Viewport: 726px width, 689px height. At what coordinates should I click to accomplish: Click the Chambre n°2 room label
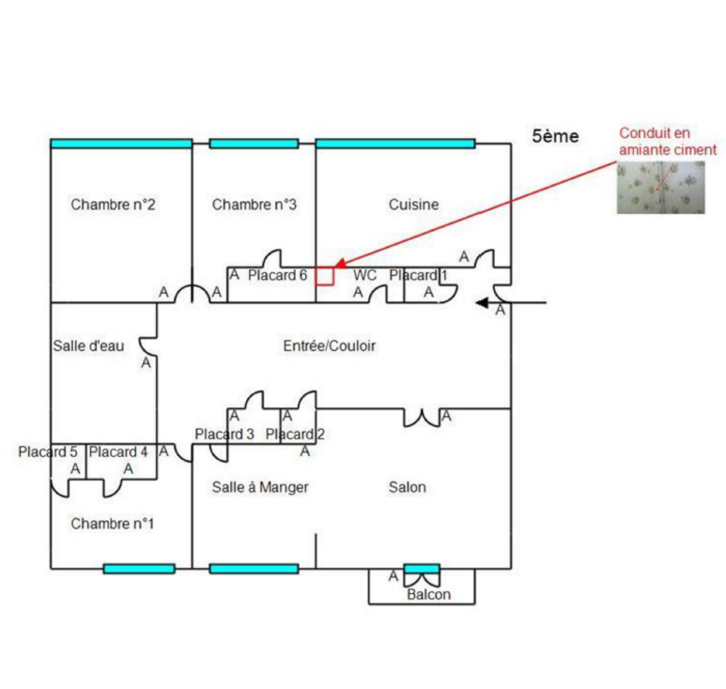pyautogui.click(x=113, y=205)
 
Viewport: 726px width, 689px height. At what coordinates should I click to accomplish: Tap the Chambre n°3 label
pyautogui.click(x=255, y=205)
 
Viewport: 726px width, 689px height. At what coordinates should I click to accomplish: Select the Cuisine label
pyautogui.click(x=413, y=205)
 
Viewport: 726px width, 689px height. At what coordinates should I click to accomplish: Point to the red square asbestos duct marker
pyautogui.click(x=324, y=276)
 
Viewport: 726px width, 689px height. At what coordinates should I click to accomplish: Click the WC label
pyautogui.click(x=364, y=276)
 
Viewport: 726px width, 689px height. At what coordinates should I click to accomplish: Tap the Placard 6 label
pyautogui.click(x=277, y=275)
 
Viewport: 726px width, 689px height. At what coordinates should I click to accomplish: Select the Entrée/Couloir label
pyautogui.click(x=330, y=345)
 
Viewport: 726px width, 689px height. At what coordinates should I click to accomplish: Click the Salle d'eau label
pyautogui.click(x=83, y=345)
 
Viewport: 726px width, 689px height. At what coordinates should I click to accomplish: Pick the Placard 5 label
pyautogui.click(x=48, y=452)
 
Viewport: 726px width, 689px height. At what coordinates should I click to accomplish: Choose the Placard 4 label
pyautogui.click(x=118, y=452)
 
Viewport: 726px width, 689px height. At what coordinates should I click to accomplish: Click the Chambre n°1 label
pyautogui.click(x=112, y=523)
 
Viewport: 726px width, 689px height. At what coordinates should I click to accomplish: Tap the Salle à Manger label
pyautogui.click(x=260, y=487)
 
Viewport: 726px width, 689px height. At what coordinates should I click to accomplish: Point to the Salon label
pyautogui.click(x=407, y=487)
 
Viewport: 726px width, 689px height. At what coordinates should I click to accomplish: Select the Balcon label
pyautogui.click(x=428, y=594)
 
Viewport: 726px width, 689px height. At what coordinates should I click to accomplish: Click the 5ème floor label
pyautogui.click(x=555, y=136)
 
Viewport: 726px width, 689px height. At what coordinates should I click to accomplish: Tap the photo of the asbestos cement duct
pyautogui.click(x=660, y=187)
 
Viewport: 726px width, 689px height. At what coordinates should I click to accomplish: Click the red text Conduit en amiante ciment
pyautogui.click(x=668, y=141)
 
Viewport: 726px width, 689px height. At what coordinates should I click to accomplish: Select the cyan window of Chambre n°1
pyautogui.click(x=139, y=568)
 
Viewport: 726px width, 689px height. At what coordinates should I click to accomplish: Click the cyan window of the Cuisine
pyautogui.click(x=394, y=144)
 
